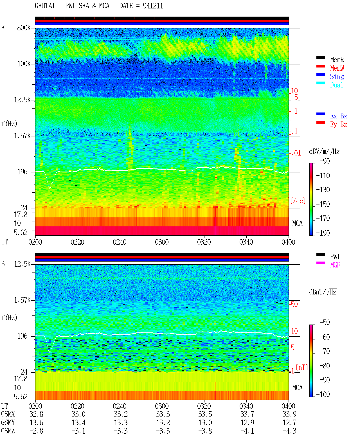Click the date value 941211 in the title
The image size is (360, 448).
point(153,6)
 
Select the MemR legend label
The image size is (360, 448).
point(337,60)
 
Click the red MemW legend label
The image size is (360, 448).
point(337,68)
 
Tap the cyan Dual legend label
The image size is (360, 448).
point(337,85)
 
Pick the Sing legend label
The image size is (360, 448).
point(337,76)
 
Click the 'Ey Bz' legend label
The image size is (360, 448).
point(339,124)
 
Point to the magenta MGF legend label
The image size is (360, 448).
point(335,265)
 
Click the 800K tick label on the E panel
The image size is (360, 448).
point(24,28)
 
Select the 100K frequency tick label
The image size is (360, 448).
point(24,64)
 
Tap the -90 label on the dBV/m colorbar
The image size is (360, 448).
point(325,161)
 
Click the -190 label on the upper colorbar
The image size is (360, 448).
point(323,233)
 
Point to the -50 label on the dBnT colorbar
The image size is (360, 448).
point(325,323)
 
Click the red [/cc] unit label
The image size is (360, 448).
point(298,201)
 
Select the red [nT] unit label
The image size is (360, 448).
point(302,367)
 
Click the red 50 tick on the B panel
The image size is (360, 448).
point(294,304)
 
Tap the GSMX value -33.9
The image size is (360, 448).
point(288,414)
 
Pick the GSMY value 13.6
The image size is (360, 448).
point(37,423)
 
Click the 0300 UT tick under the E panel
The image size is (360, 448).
point(162,242)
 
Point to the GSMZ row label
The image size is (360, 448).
point(8,431)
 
